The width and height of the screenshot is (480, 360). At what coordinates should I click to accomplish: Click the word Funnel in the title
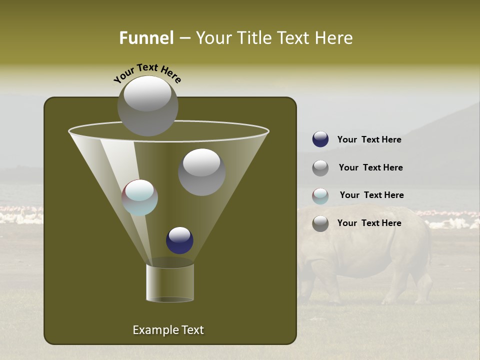tap(146, 38)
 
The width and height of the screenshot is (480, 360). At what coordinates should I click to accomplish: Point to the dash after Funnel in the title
tap(184, 38)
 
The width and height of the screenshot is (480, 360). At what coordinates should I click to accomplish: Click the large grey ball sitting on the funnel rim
tap(147, 106)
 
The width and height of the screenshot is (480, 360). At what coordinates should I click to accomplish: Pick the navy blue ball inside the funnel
tap(179, 240)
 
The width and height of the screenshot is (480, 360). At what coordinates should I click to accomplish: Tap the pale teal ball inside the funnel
tap(140, 197)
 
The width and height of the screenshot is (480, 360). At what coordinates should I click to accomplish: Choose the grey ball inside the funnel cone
tap(201, 172)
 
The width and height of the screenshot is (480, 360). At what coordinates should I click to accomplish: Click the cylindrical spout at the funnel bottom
tap(170, 282)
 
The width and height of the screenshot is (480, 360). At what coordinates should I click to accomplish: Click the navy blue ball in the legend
tap(320, 139)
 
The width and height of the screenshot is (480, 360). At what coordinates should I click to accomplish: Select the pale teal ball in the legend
tap(320, 196)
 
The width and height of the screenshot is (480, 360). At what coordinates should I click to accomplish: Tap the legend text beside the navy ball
tap(369, 139)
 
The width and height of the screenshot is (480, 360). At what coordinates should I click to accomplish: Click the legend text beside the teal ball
tap(371, 195)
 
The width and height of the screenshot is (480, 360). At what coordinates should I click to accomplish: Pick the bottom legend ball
tap(320, 223)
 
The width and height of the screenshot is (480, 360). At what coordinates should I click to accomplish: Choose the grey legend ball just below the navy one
tap(320, 168)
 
